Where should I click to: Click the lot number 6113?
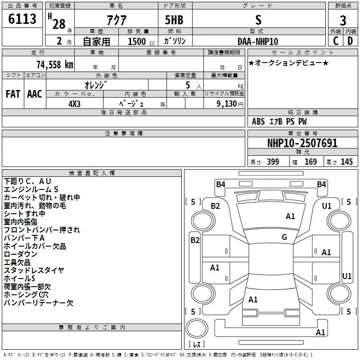tap(22, 19)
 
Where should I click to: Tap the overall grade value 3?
tap(343, 21)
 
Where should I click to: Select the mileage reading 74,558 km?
tap(55, 65)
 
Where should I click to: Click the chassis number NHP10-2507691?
tap(302, 143)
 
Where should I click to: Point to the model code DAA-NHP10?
tap(258, 41)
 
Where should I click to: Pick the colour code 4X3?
tap(74, 104)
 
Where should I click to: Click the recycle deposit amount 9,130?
tap(226, 103)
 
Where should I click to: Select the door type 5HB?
tap(174, 20)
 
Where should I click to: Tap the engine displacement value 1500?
tap(137, 41)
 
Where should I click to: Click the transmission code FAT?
tap(13, 94)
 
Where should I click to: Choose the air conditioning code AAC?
tap(35, 94)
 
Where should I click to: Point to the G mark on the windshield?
tap(284, 237)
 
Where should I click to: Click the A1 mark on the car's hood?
tap(290, 216)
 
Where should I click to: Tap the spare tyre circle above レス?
tap(197, 328)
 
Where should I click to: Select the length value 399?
tap(273, 162)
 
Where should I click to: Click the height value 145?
tap(346, 162)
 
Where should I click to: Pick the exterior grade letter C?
tap(336, 41)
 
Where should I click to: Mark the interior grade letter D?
tap(350, 41)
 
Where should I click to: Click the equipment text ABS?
tap(258, 121)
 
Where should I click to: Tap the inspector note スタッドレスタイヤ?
tap(34, 270)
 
